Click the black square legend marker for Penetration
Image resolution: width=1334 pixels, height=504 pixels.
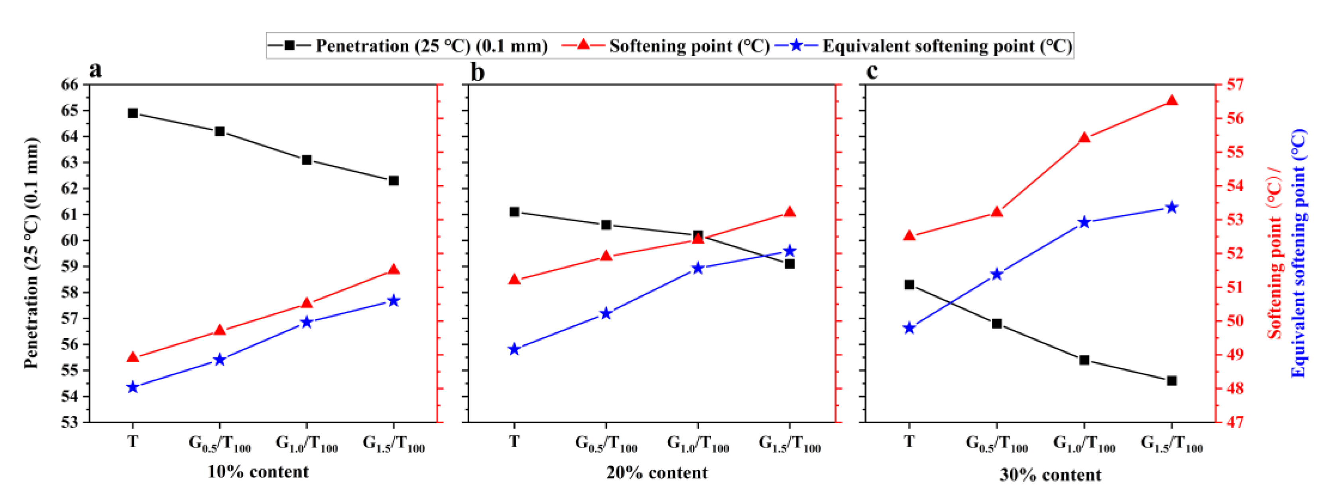click(x=289, y=45)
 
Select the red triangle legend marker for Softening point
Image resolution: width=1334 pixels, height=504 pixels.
click(x=583, y=45)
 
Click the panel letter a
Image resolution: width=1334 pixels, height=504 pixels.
click(x=95, y=70)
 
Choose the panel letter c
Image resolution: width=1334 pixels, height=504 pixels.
click(x=872, y=71)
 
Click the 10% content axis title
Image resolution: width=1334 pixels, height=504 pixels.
click(x=258, y=472)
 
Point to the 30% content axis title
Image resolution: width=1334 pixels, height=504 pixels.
click(x=1050, y=475)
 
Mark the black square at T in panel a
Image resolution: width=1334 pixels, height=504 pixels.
click(x=133, y=113)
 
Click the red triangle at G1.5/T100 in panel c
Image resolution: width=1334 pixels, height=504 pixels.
click(x=1172, y=101)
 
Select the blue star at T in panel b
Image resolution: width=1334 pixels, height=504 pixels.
click(x=514, y=349)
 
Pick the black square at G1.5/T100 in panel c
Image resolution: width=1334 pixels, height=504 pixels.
click(x=1172, y=381)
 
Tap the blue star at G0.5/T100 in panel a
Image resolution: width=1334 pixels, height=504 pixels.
click(x=220, y=360)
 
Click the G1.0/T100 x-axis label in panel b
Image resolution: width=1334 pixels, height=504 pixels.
click(x=698, y=443)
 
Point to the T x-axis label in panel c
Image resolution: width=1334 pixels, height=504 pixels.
click(x=909, y=441)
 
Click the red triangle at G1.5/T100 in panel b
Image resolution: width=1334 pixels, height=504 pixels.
click(x=790, y=212)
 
